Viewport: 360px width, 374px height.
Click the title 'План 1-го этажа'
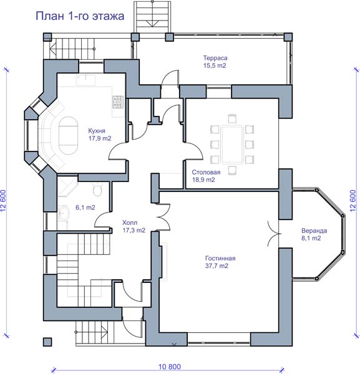[80, 16]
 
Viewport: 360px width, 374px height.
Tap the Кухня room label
[97, 131]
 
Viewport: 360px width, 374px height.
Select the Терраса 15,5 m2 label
[215, 62]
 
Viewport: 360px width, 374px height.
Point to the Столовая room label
[206, 172]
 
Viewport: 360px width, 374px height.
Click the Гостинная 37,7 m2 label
[220, 262]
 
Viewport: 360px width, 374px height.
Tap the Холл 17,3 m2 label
[134, 226]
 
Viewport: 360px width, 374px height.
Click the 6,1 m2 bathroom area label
[85, 208]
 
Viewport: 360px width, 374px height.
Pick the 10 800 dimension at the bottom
[170, 367]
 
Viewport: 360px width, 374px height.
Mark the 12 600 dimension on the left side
[3, 201]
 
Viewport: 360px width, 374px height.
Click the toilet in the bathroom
[97, 189]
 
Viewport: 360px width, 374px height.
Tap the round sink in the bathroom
[64, 213]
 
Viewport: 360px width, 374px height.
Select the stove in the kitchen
[118, 102]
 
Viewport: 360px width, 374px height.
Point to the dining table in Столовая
[232, 145]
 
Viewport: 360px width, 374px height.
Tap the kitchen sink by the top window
[85, 80]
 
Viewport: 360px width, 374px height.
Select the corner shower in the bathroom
[67, 186]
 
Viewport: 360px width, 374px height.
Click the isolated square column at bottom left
[47, 342]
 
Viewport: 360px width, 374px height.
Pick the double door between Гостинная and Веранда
[273, 234]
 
